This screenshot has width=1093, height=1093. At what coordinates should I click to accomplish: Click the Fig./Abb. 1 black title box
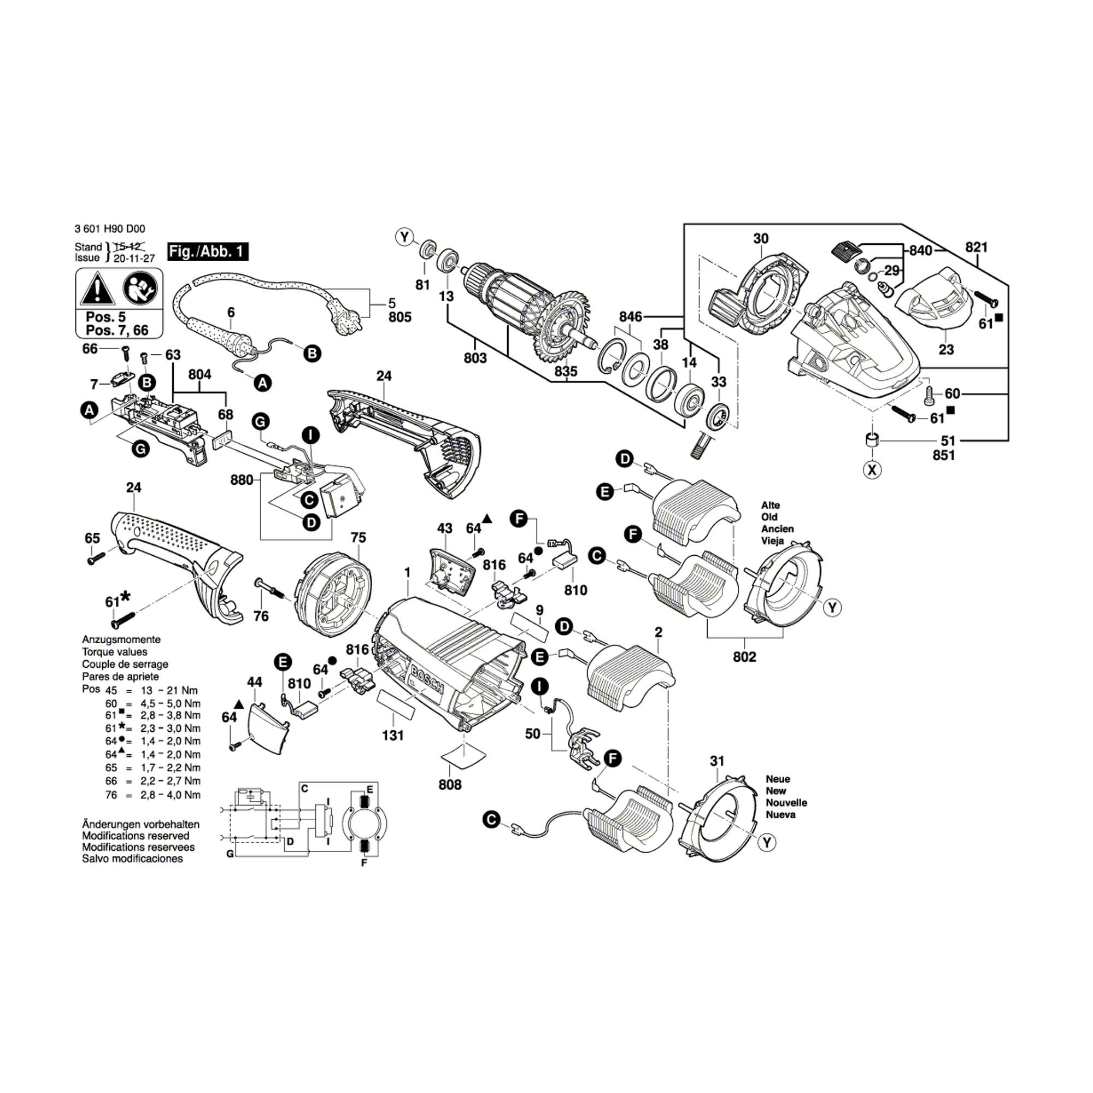coord(208,252)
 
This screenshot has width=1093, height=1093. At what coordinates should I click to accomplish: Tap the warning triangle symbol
coord(97,289)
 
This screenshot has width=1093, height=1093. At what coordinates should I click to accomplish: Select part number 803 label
coord(475,358)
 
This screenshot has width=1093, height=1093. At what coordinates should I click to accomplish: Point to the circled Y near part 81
coord(404,237)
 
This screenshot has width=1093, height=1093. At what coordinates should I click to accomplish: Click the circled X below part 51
coord(872,469)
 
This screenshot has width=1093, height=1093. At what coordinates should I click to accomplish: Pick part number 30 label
coord(761,239)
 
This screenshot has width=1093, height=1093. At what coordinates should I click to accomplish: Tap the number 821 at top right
coord(976,247)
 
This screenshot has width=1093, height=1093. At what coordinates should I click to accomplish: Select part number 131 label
coord(392,736)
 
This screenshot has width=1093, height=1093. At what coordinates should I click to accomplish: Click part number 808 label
coord(450,785)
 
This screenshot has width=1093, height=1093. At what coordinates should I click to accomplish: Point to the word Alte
coord(771,505)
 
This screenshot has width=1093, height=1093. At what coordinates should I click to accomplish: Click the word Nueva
coord(780,815)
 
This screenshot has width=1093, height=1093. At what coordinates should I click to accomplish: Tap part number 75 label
coord(358,537)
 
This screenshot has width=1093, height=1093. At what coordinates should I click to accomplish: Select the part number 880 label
coord(242,480)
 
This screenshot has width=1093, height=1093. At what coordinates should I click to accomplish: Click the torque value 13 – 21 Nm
coord(169,690)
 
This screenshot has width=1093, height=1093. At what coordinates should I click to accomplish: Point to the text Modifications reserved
coord(136,836)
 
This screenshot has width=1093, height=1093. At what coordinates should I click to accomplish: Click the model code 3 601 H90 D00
coord(110,229)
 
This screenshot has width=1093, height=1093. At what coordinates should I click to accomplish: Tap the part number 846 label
coord(630,316)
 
